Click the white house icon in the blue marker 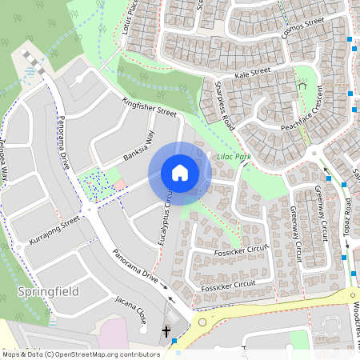click(180, 172)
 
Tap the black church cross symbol click(167, 330)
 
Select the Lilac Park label click(234, 158)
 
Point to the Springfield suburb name click(48, 292)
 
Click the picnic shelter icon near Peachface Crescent click(302, 82)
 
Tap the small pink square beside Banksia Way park click(119, 186)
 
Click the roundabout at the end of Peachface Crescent click(314, 154)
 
